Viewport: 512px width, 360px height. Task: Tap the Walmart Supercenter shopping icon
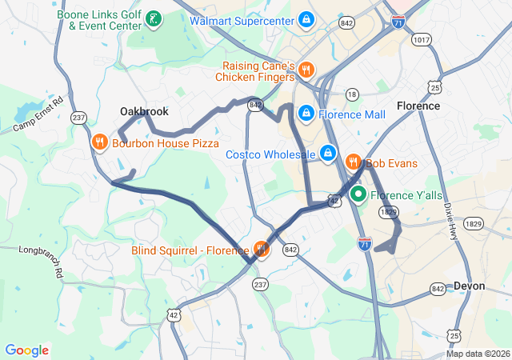click(x=306, y=18)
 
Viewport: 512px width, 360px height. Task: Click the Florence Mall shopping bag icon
click(x=306, y=114)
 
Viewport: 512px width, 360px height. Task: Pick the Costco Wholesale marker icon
click(x=327, y=153)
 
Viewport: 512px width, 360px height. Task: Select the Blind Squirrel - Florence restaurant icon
click(x=261, y=250)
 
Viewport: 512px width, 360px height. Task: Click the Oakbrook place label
click(x=144, y=112)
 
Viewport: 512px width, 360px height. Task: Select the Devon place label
click(x=469, y=286)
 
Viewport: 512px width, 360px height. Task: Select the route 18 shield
click(x=352, y=94)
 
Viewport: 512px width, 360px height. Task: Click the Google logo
click(x=27, y=350)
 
